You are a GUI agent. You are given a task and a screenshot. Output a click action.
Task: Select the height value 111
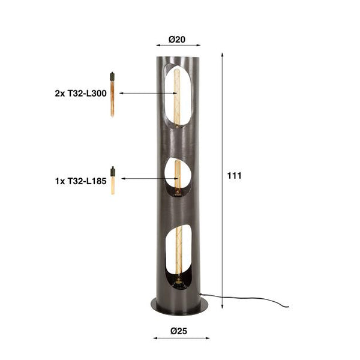pyautogui.click(x=234, y=176)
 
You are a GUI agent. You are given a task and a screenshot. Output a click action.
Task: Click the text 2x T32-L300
pyautogui.click(x=84, y=94)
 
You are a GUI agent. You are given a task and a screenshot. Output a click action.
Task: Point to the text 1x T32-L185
pyautogui.click(x=84, y=178)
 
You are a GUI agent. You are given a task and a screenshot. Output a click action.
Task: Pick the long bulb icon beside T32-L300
pyautogui.click(x=112, y=95)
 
